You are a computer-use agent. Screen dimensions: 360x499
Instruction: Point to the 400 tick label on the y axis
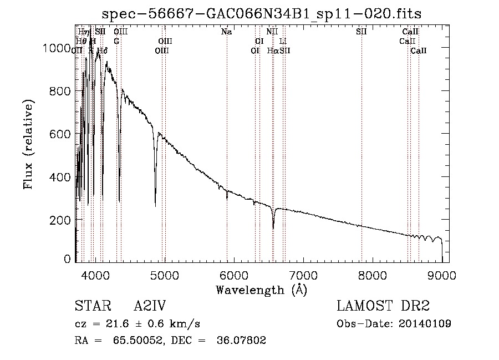tap(61, 177)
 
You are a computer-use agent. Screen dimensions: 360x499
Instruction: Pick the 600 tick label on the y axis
tap(61, 134)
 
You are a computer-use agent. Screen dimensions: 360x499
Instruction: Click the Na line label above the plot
tap(226, 32)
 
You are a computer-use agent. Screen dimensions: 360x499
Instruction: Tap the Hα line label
tap(273, 50)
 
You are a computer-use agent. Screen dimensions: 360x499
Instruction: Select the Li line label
tap(283, 41)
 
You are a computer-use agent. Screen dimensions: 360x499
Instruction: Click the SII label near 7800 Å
tap(361, 32)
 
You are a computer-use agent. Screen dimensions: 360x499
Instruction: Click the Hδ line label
tap(102, 50)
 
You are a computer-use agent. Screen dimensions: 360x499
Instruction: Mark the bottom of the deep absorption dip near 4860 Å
tap(155, 206)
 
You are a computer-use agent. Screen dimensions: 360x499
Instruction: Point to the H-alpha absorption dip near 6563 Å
tap(273, 227)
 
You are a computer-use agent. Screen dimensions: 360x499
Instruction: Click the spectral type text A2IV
tap(150, 307)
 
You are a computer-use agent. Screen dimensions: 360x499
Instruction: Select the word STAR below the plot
tap(92, 307)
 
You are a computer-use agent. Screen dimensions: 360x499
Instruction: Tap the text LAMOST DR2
tap(383, 307)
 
